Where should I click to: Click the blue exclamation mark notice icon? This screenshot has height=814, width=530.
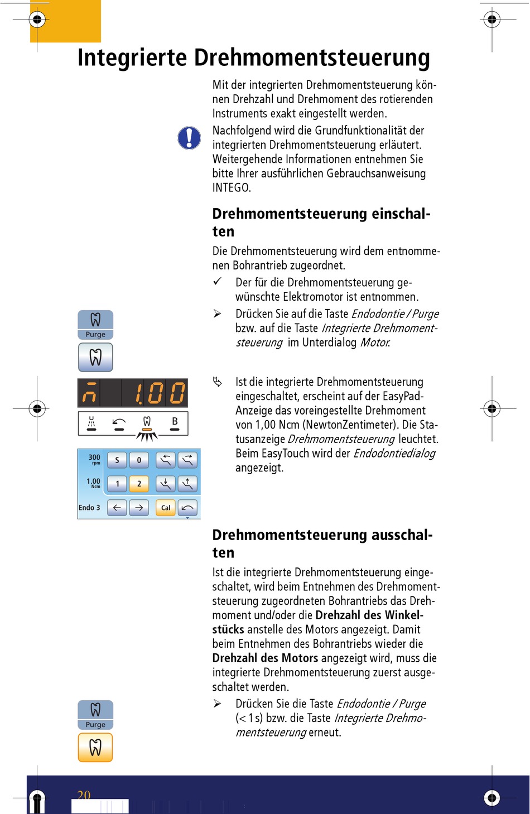pyautogui.click(x=189, y=138)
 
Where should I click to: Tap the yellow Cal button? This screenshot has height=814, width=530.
pyautogui.click(x=166, y=508)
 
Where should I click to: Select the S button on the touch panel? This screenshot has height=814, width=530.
pyautogui.click(x=117, y=460)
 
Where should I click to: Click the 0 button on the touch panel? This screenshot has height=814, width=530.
pyautogui.click(x=139, y=460)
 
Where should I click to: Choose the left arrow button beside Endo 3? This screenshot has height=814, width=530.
pyautogui.click(x=117, y=508)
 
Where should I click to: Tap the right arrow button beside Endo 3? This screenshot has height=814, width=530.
pyautogui.click(x=139, y=508)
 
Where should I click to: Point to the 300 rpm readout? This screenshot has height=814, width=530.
pyautogui.click(x=94, y=459)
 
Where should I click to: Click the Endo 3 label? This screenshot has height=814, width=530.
pyautogui.click(x=89, y=508)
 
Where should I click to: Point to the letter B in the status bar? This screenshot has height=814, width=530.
pyautogui.click(x=175, y=421)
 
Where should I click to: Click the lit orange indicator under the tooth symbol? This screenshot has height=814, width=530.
pyautogui.click(x=147, y=430)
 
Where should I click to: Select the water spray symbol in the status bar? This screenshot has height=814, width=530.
pyautogui.click(x=91, y=422)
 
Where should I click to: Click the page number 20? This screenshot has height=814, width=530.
pyautogui.click(x=84, y=794)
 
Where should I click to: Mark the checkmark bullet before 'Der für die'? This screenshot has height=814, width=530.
pyautogui.click(x=218, y=282)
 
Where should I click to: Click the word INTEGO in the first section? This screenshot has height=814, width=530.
pyautogui.click(x=232, y=188)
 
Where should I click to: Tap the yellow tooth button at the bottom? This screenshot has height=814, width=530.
pyautogui.click(x=95, y=747)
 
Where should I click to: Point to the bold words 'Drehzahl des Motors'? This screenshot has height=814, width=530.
pyautogui.click(x=265, y=658)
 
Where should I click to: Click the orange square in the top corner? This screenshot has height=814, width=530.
pyautogui.click(x=65, y=21)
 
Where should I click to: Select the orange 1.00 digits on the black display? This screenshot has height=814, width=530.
pyautogui.click(x=160, y=393)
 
